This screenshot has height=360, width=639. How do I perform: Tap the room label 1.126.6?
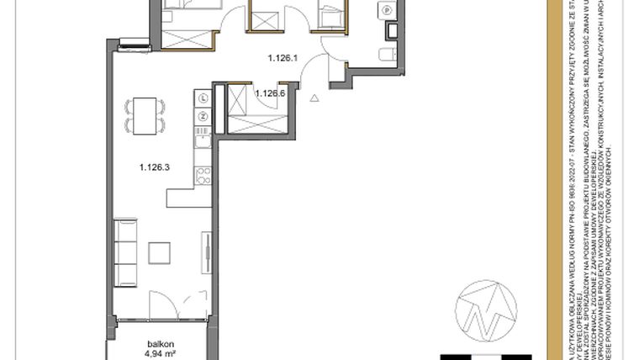coord(271,93)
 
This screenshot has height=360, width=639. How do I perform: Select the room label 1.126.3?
coord(155,167)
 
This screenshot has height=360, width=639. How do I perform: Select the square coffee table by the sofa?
coord(160,252)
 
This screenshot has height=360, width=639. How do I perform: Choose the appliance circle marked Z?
coord(204,115)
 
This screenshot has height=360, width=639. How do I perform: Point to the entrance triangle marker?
coord(314,98)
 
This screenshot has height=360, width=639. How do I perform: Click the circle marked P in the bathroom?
coord(388,10)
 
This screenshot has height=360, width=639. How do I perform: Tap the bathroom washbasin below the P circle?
coord(393,30)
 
